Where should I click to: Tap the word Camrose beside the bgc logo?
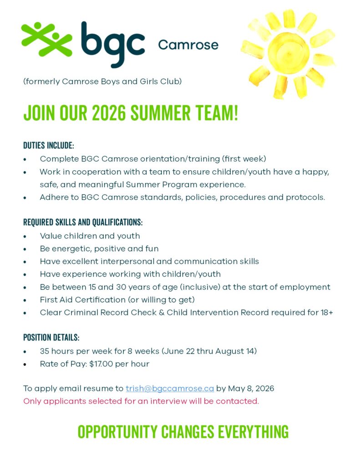click(188, 45)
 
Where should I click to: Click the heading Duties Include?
click(48, 146)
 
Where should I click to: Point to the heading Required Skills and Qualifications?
click(83, 223)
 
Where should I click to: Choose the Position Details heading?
click(51, 338)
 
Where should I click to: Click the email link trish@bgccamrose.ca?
click(170, 389)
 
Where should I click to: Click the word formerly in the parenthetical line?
click(41, 82)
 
